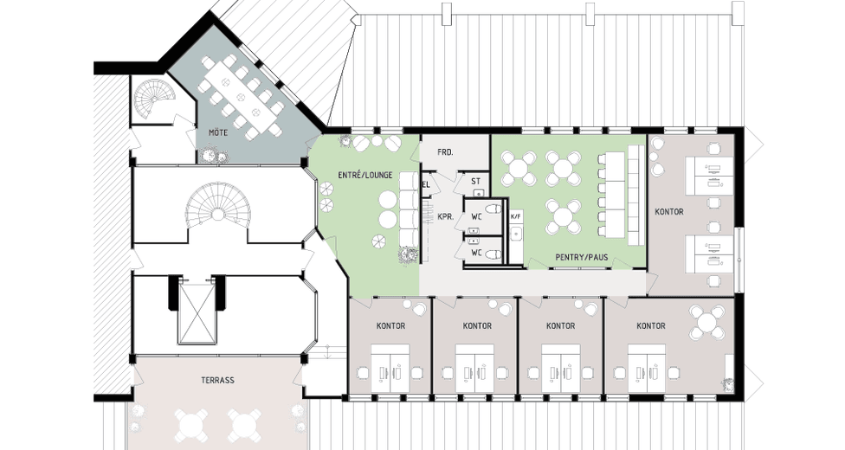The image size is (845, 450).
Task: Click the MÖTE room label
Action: [x=218, y=132]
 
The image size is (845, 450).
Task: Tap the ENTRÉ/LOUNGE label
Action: [x=364, y=175]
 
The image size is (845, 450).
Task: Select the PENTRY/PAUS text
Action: [x=582, y=258]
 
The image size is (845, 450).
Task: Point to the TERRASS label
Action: [x=217, y=380]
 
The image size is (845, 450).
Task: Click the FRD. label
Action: [x=445, y=152]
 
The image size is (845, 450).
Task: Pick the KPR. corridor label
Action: [x=445, y=217]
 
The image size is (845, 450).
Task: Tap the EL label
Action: [x=426, y=185]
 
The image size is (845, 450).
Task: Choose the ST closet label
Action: [x=476, y=182]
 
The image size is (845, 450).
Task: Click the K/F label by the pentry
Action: [x=516, y=216]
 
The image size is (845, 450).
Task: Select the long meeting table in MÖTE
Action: [x=242, y=96]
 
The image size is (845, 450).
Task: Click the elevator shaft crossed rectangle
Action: [x=198, y=312]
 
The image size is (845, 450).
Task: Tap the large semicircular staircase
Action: [x=218, y=213]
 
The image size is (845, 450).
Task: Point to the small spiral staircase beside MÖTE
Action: [x=153, y=100]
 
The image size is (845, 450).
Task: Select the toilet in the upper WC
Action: [x=492, y=209]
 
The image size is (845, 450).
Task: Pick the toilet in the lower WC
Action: [x=492, y=254]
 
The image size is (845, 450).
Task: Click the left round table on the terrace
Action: [x=191, y=424]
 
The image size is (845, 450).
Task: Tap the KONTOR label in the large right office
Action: [x=668, y=212]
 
